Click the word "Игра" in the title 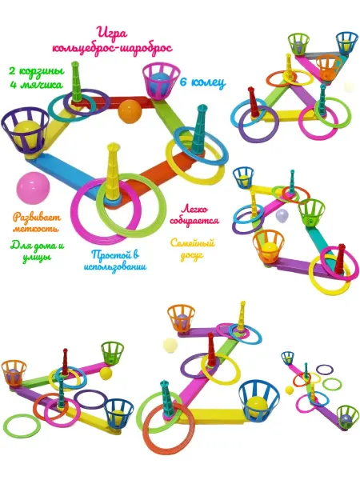[111, 33]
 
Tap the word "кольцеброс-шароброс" [112, 48]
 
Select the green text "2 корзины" [37, 71]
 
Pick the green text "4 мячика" [36, 84]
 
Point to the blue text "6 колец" [202, 82]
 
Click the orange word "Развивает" [37, 218]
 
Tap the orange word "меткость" [35, 229]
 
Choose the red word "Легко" [194, 210]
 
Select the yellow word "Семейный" [192, 243]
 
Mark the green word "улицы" [36, 258]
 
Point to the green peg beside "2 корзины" [76, 82]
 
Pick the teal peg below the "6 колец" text [199, 129]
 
